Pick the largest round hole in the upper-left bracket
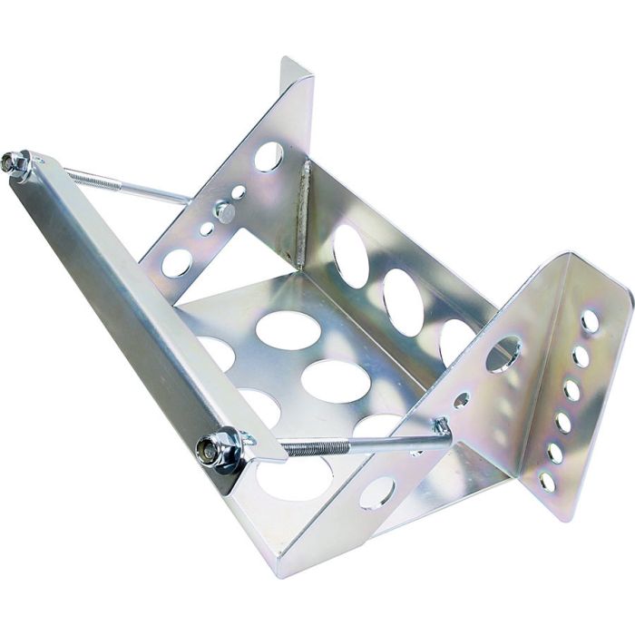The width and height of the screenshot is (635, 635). tap(269, 157)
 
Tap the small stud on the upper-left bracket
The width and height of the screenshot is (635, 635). tap(223, 212)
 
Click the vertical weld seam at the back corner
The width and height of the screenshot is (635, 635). tap(303, 213)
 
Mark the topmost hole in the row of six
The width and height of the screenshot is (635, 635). tap(590, 321)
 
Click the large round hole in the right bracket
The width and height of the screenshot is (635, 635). tap(503, 354)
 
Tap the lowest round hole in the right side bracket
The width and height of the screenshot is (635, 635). tap(376, 493)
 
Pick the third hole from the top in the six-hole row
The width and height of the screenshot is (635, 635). tap(571, 388)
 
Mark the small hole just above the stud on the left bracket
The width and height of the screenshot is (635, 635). tap(238, 192)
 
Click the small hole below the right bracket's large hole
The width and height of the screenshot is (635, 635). tap(461, 399)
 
